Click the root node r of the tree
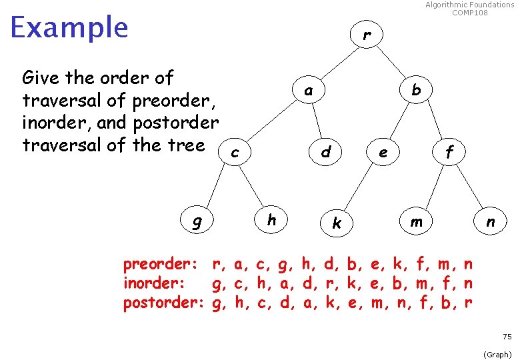367,35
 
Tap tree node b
417,89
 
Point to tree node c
235,153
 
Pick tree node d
325,153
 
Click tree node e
383,153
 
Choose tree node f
449,153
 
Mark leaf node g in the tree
197,221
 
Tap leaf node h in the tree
271,219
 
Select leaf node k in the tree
337,223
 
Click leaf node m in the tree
416,221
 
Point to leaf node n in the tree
490,221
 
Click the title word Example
69,28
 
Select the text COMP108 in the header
469,13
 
